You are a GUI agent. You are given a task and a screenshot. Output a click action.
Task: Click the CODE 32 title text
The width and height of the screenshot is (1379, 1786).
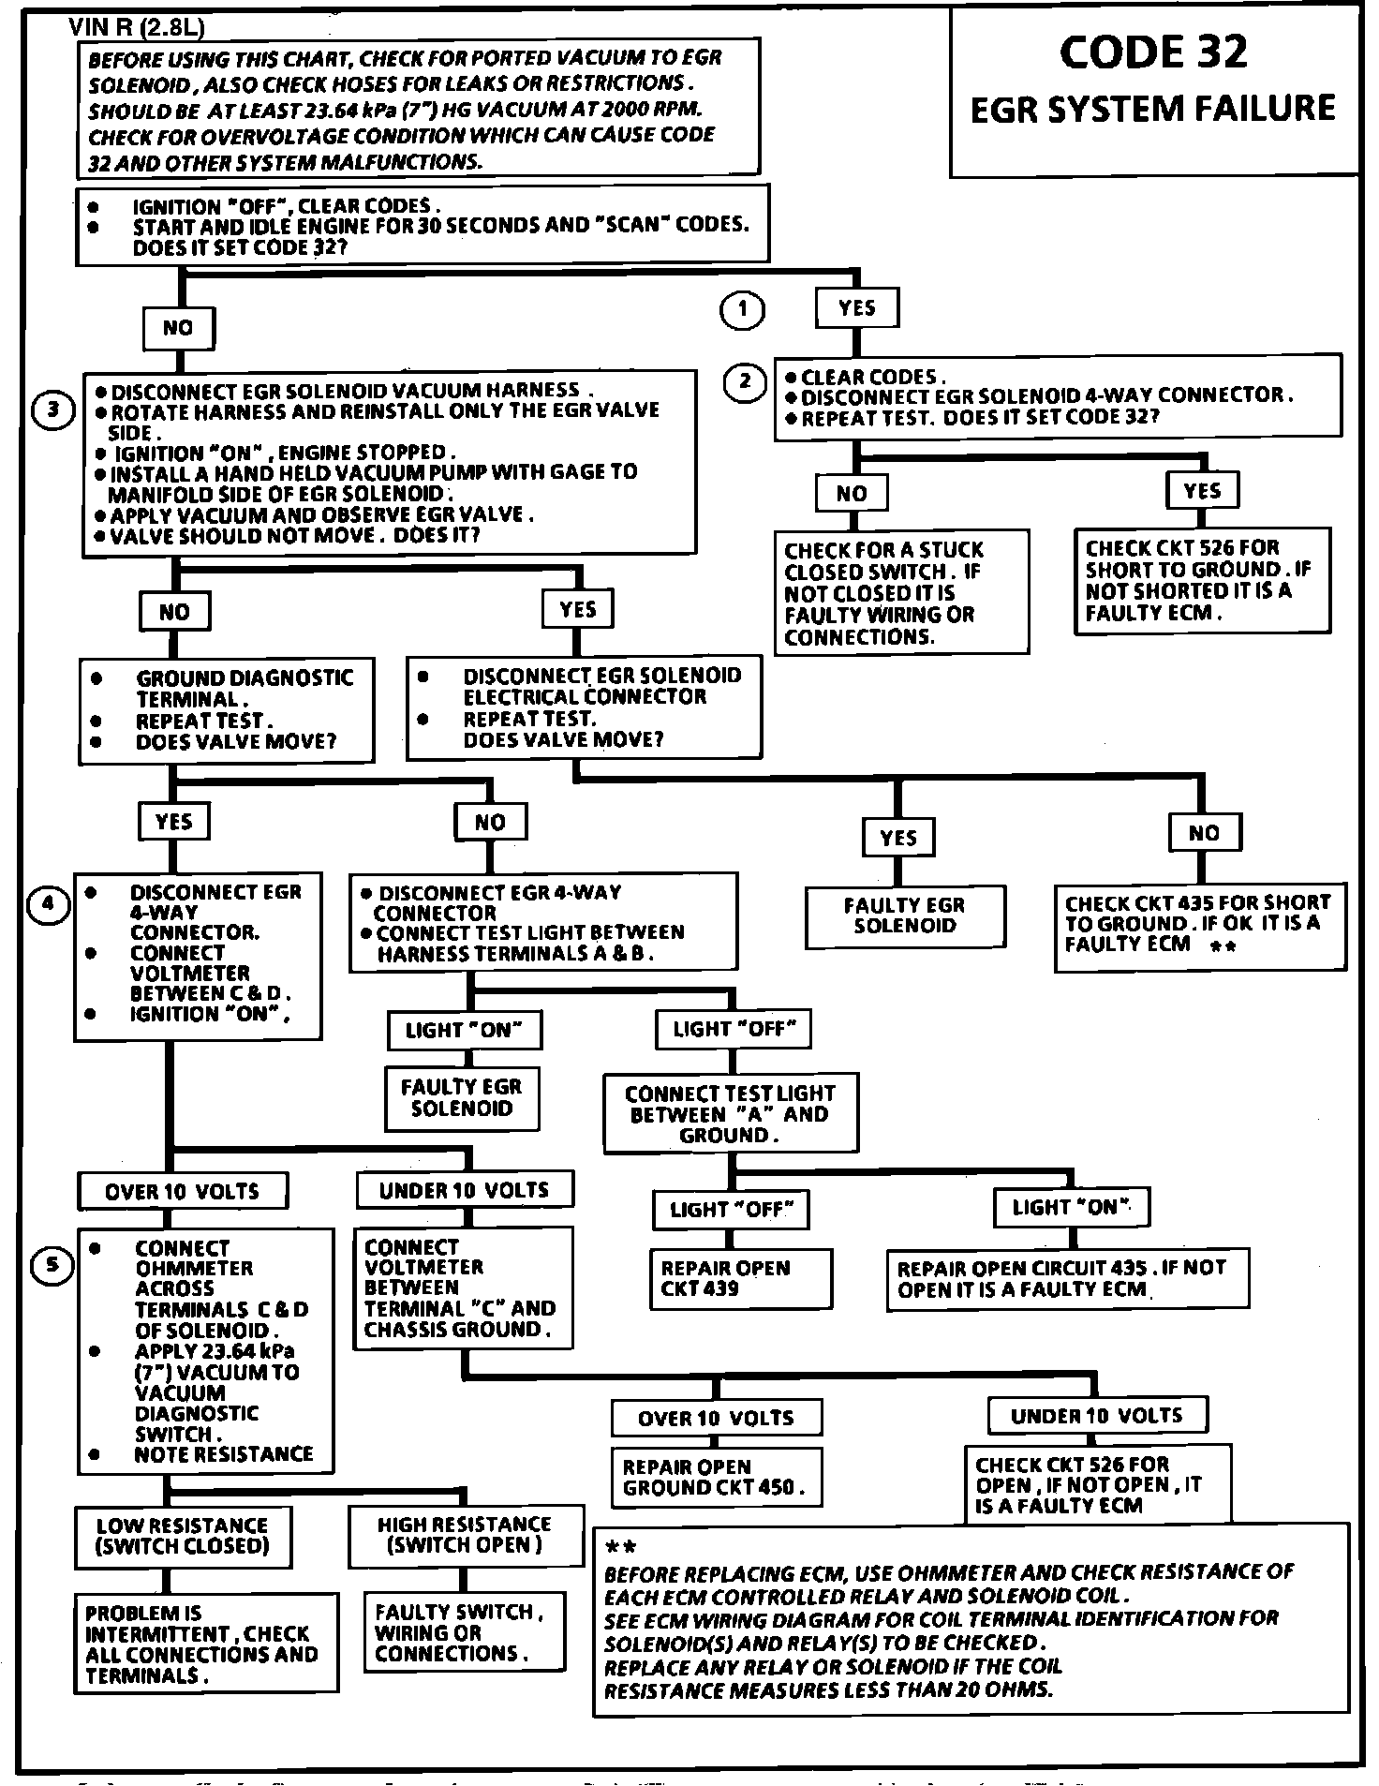[x=1153, y=52]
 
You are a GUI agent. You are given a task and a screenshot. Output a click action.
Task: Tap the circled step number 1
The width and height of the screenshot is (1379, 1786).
[x=742, y=309]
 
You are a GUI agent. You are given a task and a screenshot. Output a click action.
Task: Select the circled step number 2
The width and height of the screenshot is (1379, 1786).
[x=746, y=381]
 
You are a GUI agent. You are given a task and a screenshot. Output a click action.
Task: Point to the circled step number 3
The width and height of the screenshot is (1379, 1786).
[x=53, y=409]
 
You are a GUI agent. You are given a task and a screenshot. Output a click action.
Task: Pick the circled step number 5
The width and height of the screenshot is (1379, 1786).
[x=52, y=1265]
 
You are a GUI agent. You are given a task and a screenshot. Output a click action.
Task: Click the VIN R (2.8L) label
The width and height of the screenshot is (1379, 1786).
[x=136, y=28]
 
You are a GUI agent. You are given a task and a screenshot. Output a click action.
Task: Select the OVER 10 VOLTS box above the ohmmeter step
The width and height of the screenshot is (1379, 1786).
[x=182, y=1191]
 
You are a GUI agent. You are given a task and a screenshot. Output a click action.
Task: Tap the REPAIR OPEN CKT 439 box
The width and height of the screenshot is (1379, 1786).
[x=741, y=1278]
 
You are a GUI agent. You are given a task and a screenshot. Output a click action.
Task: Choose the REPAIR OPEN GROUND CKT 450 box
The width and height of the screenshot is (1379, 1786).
[x=716, y=1478]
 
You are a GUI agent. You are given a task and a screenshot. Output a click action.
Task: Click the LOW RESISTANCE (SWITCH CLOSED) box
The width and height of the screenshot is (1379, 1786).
[x=183, y=1537]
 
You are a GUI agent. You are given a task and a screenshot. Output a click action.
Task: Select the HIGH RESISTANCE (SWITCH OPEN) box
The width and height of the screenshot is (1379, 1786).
[x=465, y=1536]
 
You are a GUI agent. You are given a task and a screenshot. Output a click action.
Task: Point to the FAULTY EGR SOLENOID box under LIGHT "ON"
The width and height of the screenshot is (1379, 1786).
[x=462, y=1097]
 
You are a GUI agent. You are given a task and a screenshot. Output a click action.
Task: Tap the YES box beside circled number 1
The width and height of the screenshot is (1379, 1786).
[x=856, y=307]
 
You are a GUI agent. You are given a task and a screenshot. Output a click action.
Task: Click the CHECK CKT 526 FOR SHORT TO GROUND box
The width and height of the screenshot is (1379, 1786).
[x=1201, y=581]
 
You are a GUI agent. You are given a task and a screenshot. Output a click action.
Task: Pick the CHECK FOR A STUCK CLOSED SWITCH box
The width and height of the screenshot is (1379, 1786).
[x=900, y=592]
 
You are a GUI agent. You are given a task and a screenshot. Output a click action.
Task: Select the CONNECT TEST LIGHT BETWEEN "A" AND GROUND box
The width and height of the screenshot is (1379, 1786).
[x=730, y=1113]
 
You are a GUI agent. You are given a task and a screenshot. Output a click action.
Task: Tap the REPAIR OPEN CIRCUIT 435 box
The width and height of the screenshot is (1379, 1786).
[x=1067, y=1278]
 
